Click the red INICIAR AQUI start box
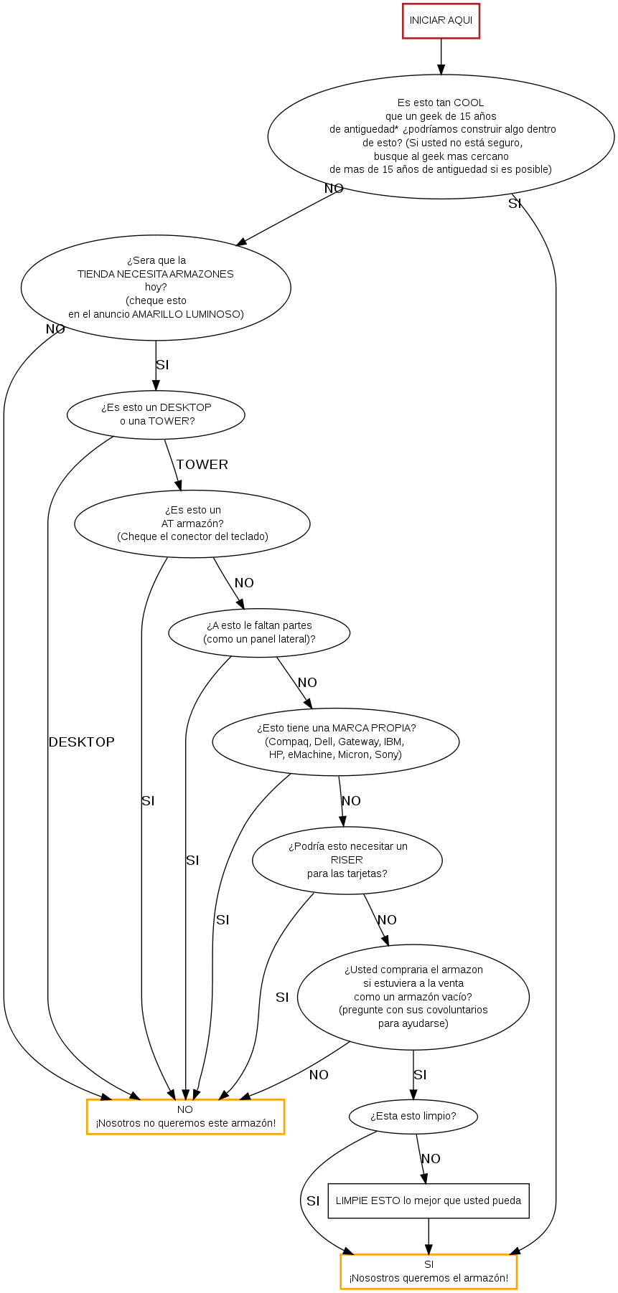[x=441, y=21]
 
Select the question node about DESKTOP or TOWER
[x=156, y=415]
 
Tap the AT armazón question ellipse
[x=192, y=524]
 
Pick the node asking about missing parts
[x=259, y=633]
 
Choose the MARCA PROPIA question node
[x=336, y=742]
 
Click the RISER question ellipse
[x=347, y=860]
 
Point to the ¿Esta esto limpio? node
[x=413, y=1116]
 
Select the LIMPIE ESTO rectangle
[x=429, y=1200]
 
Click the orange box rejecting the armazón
[x=185, y=1117]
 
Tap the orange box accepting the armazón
[x=429, y=1271]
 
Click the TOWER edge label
[x=202, y=465]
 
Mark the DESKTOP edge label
[x=81, y=742]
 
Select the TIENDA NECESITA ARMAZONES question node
[x=156, y=288]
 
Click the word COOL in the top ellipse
[x=469, y=103]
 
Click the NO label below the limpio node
[x=431, y=1159]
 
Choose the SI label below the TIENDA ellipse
[x=162, y=365]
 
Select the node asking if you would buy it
[x=413, y=997]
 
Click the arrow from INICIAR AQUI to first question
[x=441, y=57]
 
